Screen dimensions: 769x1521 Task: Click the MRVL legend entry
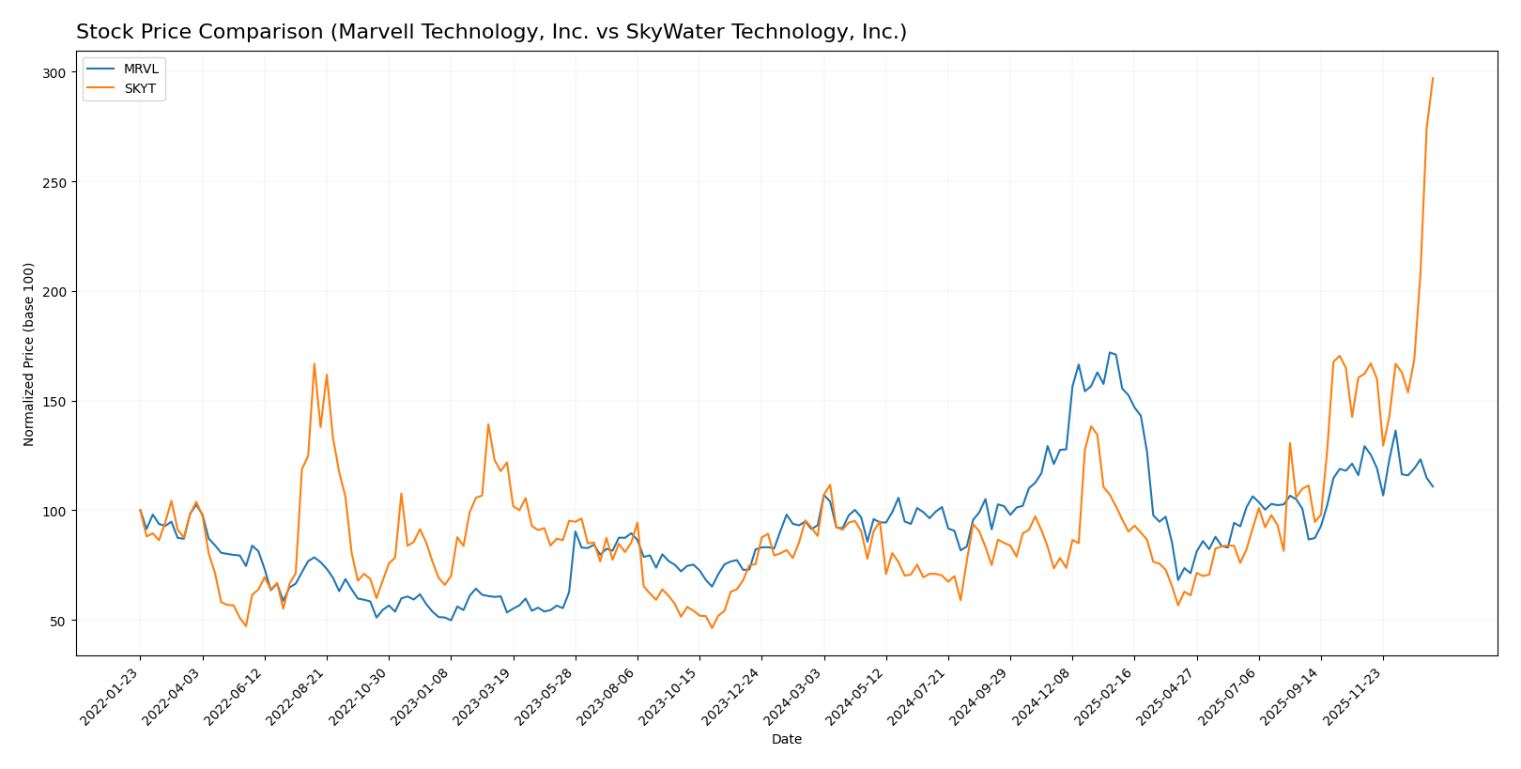[x=141, y=69]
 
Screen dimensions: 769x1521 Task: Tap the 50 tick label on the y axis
[x=58, y=621]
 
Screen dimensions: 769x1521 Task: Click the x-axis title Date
[x=786, y=740]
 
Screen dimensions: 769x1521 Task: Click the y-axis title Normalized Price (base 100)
[x=29, y=354]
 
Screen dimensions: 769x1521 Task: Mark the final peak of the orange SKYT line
[x=1433, y=78]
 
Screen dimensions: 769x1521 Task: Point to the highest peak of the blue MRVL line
[x=1109, y=352]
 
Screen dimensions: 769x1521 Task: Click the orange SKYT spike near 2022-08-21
[x=315, y=363]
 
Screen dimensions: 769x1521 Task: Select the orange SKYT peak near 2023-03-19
[x=488, y=424]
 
